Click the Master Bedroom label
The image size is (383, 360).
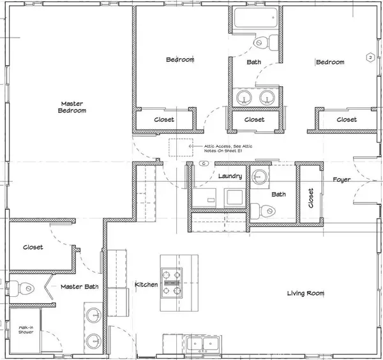coord(73,107)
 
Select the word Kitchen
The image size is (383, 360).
coord(146,284)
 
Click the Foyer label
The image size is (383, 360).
coord(342,180)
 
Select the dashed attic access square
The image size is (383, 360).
coord(180,146)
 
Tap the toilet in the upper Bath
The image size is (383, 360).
coord(262,43)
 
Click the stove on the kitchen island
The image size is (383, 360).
coord(172,281)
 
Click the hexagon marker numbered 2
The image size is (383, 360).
coord(370,57)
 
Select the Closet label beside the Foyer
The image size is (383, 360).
coord(311,198)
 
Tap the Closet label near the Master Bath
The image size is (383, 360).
coord(33,247)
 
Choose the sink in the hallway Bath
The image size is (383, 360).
coord(259,176)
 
